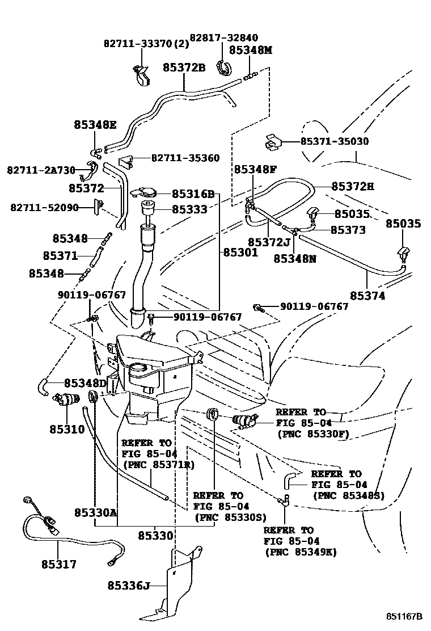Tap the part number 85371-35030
click(x=334, y=141)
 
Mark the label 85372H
click(x=353, y=186)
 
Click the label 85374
click(x=367, y=296)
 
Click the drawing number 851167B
click(x=405, y=617)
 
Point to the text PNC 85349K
click(x=301, y=552)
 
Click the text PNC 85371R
click(x=158, y=465)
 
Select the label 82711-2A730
click(x=41, y=170)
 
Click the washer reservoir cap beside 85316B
click(x=147, y=192)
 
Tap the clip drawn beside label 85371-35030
click(x=274, y=142)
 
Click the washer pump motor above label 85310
click(x=66, y=400)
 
